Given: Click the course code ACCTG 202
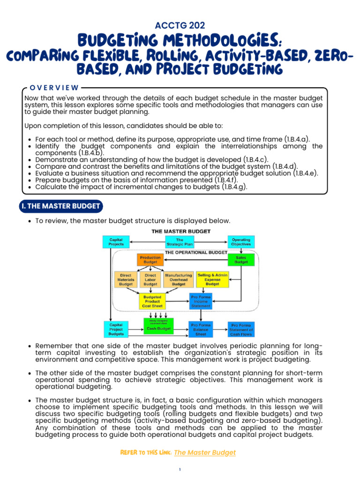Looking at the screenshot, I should click(180, 26).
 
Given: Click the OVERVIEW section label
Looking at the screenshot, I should click(54, 87).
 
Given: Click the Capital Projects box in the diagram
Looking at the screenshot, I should click(116, 241).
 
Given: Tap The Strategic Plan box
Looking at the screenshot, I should click(180, 241).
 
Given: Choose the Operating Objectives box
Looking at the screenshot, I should click(241, 241).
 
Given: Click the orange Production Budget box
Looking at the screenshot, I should click(150, 260).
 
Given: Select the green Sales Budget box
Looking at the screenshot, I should click(241, 260).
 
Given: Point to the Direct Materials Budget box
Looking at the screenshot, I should click(126, 279).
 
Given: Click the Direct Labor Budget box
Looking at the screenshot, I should click(150, 279).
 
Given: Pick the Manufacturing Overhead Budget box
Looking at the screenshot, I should click(179, 279).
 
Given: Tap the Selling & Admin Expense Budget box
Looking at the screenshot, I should click(212, 279).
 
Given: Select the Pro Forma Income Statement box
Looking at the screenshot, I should click(201, 301).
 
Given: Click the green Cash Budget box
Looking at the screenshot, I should click(158, 327).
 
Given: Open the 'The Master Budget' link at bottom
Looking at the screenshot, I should click(204, 452).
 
